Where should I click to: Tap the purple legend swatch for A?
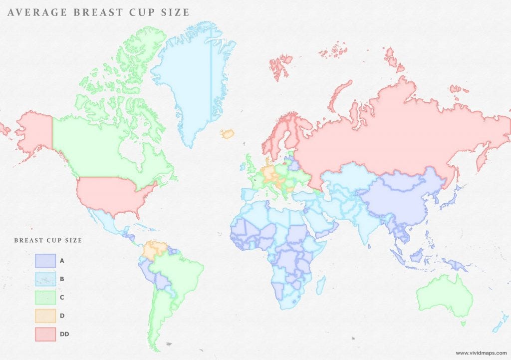[45, 261]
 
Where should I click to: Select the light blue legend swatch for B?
[45, 279]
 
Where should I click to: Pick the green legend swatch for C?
[45, 297]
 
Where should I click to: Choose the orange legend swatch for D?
[45, 316]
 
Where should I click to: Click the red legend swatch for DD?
[45, 334]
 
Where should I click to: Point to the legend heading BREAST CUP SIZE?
[48, 240]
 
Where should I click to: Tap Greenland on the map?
[187, 80]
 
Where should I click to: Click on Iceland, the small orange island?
[227, 134]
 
